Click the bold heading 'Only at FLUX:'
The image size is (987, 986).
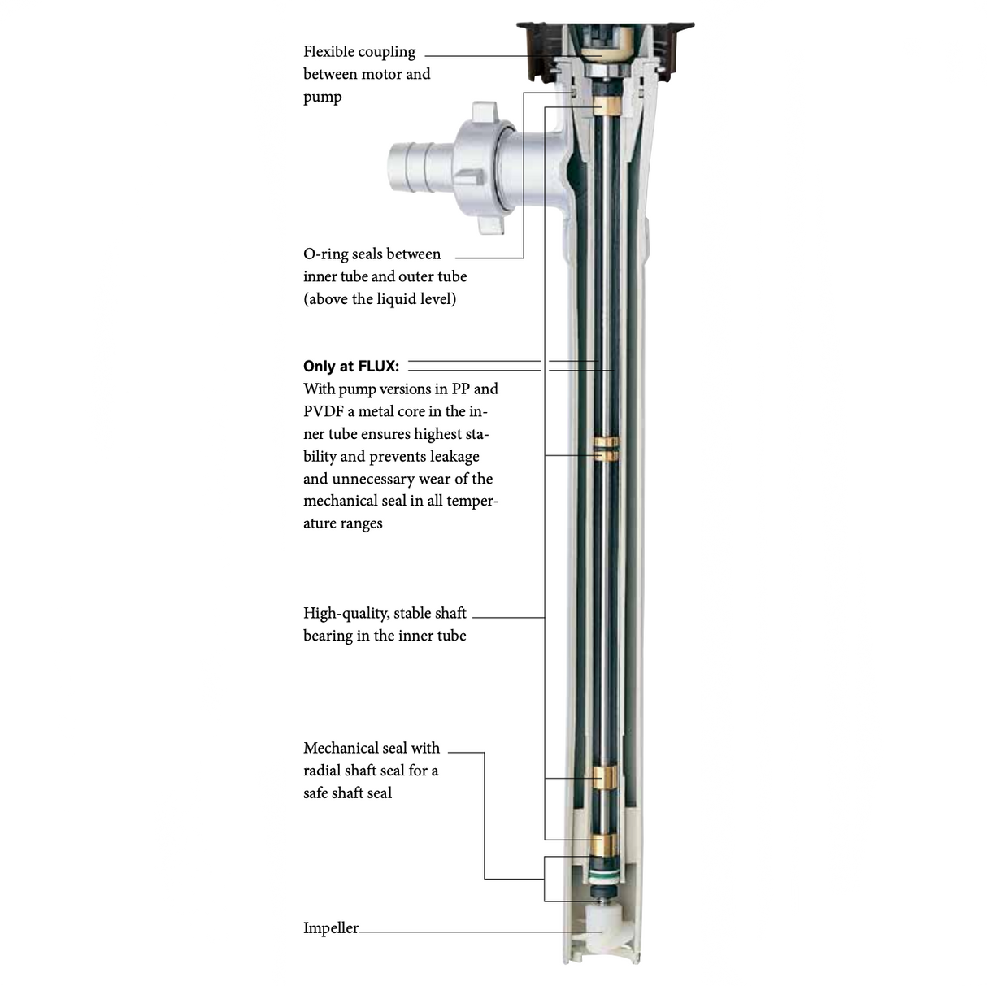tap(351, 367)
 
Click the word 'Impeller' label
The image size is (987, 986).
tap(330, 928)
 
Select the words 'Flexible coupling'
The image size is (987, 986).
tap(359, 52)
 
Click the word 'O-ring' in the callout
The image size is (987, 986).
tap(325, 254)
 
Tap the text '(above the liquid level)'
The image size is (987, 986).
tap(380, 299)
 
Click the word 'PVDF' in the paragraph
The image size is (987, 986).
tap(323, 412)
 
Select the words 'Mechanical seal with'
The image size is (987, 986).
tap(372, 749)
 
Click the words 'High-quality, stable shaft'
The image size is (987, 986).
tap(385, 614)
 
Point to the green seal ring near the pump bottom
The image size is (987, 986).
tap(603, 877)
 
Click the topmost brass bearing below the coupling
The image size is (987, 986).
tap(607, 107)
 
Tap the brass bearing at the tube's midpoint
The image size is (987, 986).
tap(605, 449)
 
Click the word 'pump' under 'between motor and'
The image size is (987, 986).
tap(323, 98)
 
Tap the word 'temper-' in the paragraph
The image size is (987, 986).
tap(472, 502)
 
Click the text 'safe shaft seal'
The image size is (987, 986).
tap(347, 793)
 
